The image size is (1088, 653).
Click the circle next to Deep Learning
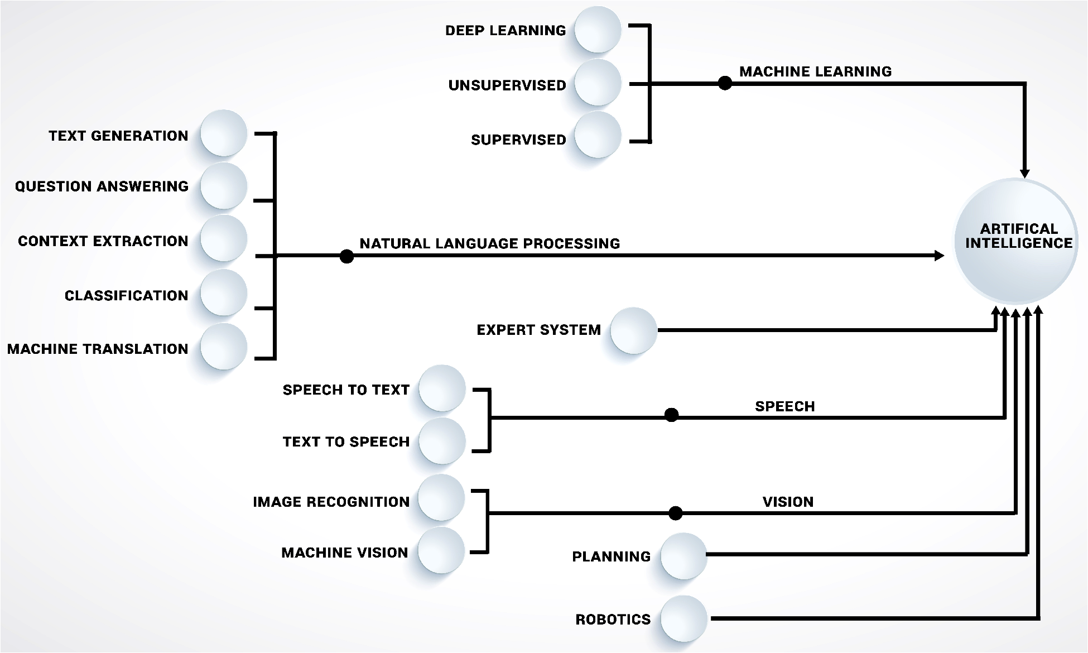(x=598, y=30)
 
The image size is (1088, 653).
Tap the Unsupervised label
(x=507, y=85)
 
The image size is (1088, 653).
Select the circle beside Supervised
(x=598, y=135)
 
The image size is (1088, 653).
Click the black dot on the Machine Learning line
(x=725, y=83)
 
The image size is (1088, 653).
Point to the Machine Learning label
(x=815, y=71)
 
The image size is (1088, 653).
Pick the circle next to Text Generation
(x=223, y=133)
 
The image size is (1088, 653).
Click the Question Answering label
(x=102, y=186)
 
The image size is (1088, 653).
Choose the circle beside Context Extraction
(x=223, y=238)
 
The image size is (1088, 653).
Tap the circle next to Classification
(x=223, y=292)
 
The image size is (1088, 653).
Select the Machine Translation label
(x=98, y=349)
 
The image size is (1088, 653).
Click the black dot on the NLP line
(x=346, y=256)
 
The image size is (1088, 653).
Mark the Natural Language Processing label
(x=489, y=243)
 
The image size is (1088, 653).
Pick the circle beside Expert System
(x=633, y=330)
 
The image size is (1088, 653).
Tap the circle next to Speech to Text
(x=442, y=388)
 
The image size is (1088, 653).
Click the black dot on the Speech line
(x=671, y=415)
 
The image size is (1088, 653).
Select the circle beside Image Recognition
(x=441, y=498)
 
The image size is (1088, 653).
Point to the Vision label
(x=788, y=502)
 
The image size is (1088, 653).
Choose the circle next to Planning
(x=683, y=556)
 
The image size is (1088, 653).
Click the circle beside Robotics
(x=683, y=618)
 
